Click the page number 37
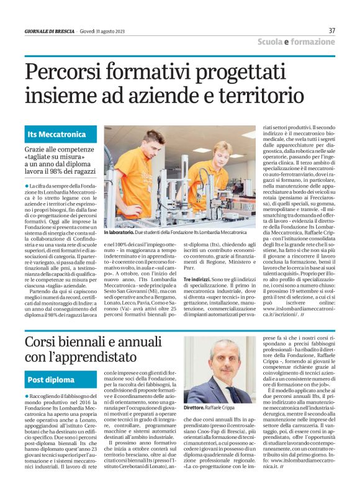coord(331,30)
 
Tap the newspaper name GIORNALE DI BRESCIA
coord(49,32)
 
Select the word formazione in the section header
coord(313,42)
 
